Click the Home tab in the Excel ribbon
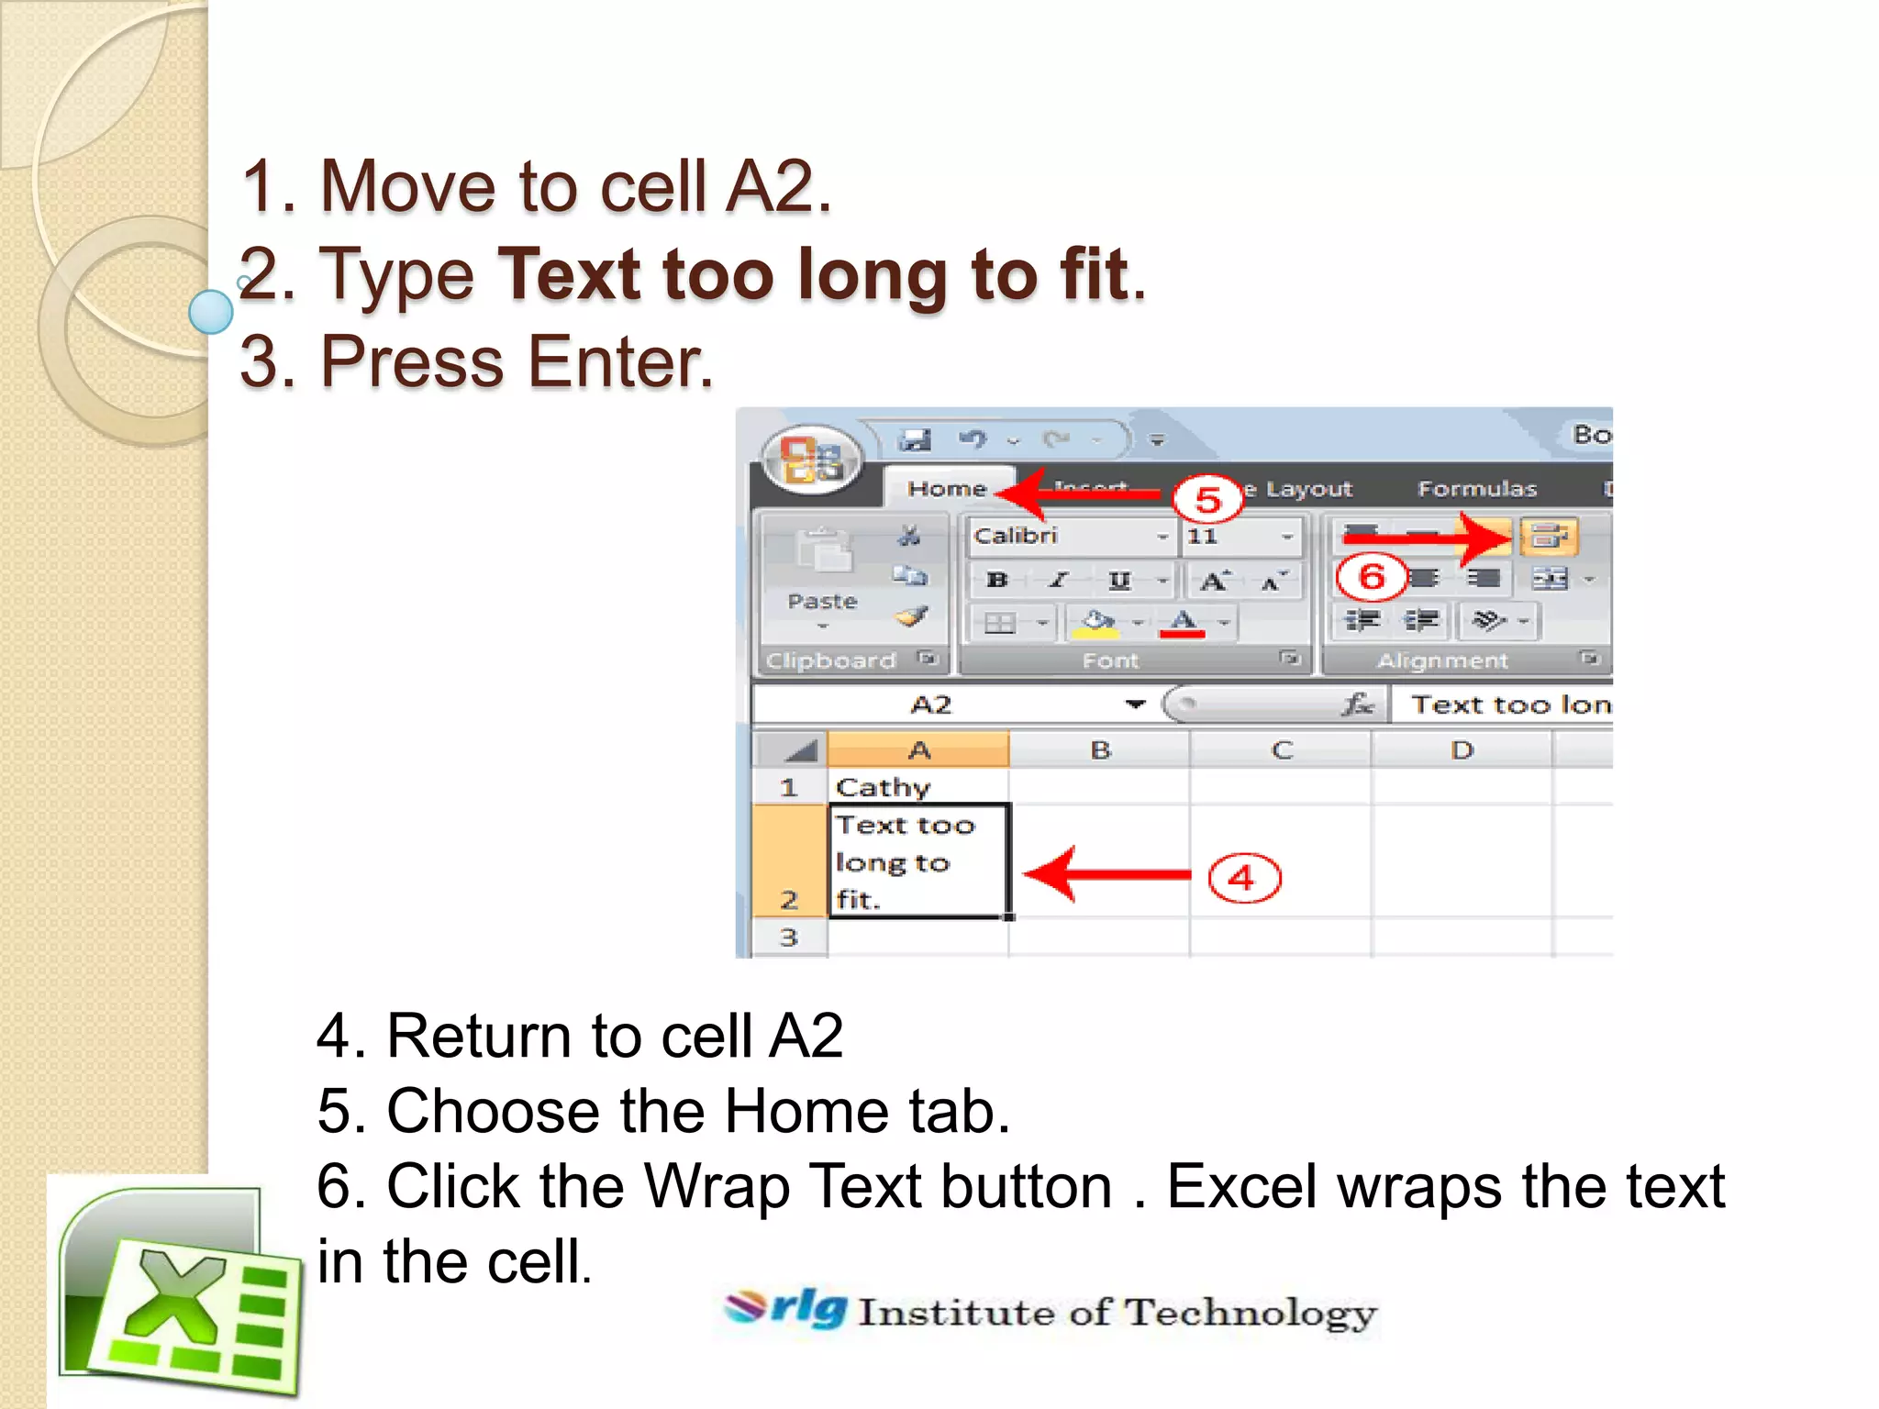[x=946, y=489]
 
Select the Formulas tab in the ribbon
[x=1476, y=489]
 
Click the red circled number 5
[x=1207, y=499]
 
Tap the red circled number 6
[x=1371, y=577]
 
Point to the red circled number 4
[x=1243, y=878]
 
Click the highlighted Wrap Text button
[x=1549, y=537]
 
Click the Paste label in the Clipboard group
[x=822, y=602]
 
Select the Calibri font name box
[x=1064, y=537]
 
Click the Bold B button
[x=996, y=580]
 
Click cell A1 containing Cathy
[x=917, y=787]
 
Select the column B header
[x=1100, y=750]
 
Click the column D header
[x=1462, y=750]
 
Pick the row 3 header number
[x=789, y=937]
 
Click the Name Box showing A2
[x=931, y=704]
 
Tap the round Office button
[x=811, y=459]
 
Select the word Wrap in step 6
[x=717, y=1186]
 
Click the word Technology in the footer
[x=1251, y=1313]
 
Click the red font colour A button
[x=1183, y=623]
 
